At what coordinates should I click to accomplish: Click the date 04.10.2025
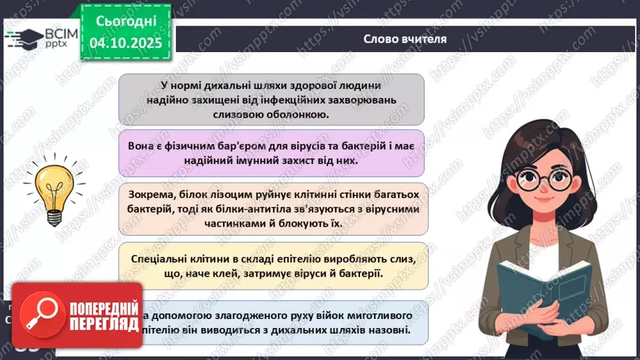pyautogui.click(x=126, y=42)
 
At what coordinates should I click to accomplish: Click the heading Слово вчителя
pyautogui.click(x=405, y=39)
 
